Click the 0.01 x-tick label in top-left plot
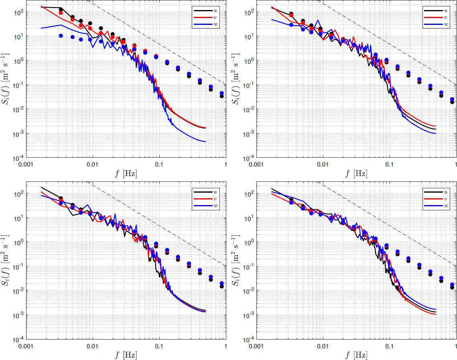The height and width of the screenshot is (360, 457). (93, 165)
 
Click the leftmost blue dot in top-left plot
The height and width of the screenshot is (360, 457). (61, 36)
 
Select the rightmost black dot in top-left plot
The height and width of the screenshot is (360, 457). (221, 96)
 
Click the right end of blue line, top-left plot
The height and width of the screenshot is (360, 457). (205, 142)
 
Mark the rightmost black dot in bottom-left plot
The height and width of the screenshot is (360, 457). (221, 286)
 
